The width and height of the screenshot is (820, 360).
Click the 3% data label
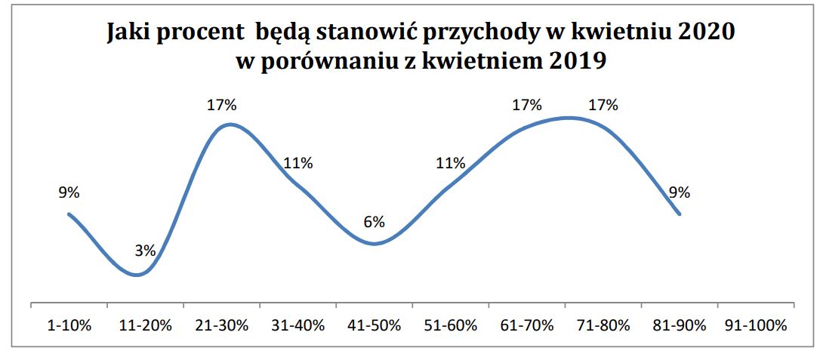click(x=145, y=251)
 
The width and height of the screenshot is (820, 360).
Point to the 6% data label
click(x=374, y=222)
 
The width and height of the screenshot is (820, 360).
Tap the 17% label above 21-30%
click(x=221, y=106)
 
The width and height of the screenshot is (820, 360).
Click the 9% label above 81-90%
click(x=680, y=192)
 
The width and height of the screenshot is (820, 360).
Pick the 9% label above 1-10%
click(x=69, y=192)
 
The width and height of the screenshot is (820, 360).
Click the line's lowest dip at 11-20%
click(x=137, y=275)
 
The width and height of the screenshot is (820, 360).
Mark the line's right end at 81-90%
click(x=680, y=214)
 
